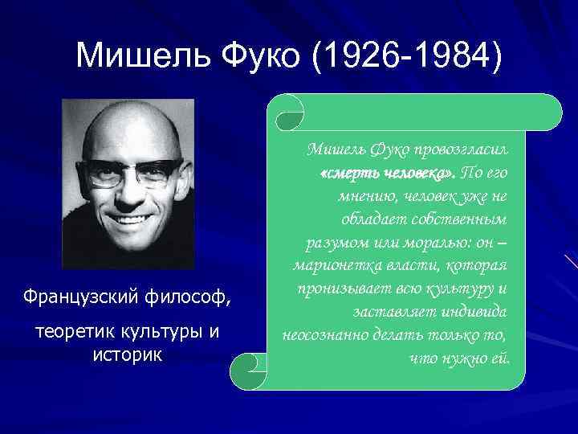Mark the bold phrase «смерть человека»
[x=387, y=173]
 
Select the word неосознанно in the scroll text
[x=324, y=333]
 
